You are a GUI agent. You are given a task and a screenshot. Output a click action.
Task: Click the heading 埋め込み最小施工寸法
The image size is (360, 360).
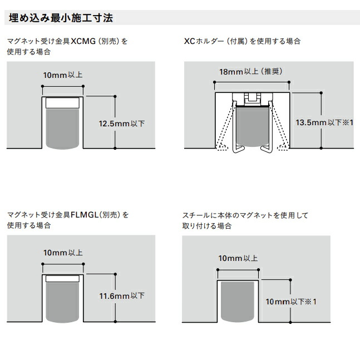pos(61,17)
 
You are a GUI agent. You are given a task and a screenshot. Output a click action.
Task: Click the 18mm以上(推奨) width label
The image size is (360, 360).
pos(251,72)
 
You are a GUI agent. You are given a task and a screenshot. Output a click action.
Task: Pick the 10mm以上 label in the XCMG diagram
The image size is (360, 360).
pos(62,75)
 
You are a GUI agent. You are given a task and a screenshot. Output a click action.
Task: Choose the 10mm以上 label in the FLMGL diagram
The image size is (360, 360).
pos(62,253)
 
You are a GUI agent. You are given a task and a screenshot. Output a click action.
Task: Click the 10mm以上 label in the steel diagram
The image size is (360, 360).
pos(238,258)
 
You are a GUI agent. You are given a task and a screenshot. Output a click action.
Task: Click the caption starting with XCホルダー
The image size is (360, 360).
pos(242,41)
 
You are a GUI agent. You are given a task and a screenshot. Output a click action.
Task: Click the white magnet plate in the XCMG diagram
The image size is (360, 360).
pos(62,103)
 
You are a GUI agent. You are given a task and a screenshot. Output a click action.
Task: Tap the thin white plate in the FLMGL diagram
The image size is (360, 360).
pos(62,278)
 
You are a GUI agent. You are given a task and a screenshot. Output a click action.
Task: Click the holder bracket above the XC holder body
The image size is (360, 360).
pos(253,98)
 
